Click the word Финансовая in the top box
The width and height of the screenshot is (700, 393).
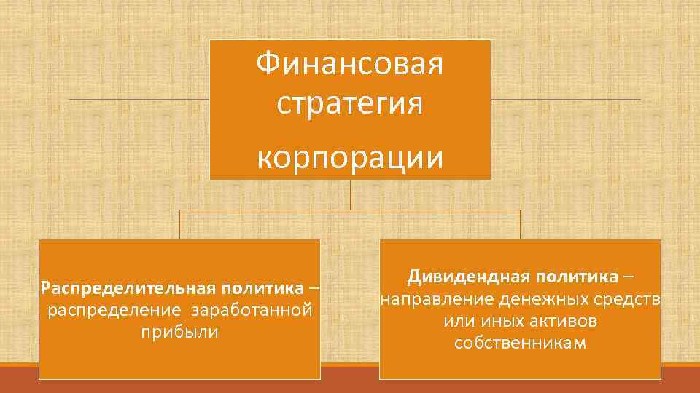tap(350, 65)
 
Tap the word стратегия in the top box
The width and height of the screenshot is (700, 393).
tap(350, 103)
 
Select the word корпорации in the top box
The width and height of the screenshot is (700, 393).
tap(350, 157)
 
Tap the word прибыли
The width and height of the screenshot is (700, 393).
tap(179, 332)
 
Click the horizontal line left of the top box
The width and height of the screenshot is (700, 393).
tap(139, 98)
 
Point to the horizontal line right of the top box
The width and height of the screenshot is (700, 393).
tap(566, 99)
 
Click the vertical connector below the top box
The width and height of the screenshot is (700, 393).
tap(351, 194)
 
